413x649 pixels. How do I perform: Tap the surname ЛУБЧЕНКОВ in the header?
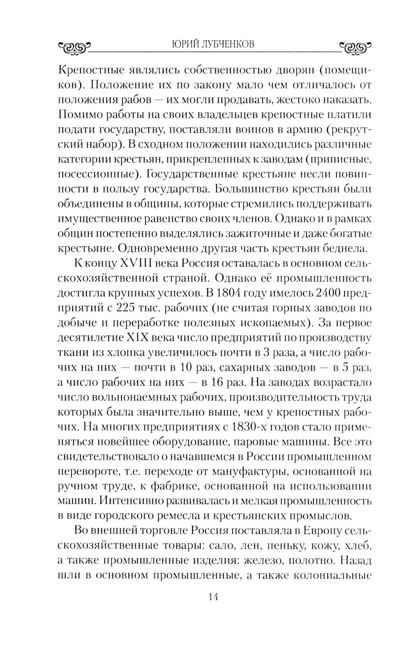point(228,44)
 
